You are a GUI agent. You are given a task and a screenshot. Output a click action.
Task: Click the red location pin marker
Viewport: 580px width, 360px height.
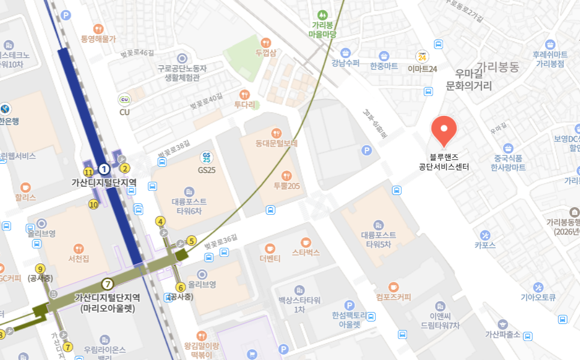pyautogui.click(x=444, y=130)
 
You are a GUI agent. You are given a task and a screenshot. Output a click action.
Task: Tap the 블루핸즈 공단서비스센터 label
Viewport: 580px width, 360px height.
pyautogui.click(x=444, y=161)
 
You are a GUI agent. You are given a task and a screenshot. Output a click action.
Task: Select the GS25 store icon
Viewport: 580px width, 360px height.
pyautogui.click(x=207, y=157)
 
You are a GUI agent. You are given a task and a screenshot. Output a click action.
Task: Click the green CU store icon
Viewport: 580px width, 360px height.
pyautogui.click(x=125, y=100)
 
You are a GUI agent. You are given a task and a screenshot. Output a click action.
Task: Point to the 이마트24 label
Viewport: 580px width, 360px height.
pyautogui.click(x=422, y=68)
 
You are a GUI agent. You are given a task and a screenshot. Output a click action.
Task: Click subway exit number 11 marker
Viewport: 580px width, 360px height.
pyautogui.click(x=88, y=172)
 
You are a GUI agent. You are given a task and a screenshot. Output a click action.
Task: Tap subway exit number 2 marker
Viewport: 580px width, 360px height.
pyautogui.click(x=125, y=168)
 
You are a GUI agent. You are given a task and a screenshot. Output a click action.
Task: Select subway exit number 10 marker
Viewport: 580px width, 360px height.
pyautogui.click(x=93, y=204)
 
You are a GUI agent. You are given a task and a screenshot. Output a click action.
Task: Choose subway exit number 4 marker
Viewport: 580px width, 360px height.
pyautogui.click(x=160, y=221)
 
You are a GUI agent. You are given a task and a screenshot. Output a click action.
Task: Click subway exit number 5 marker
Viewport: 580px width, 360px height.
pyautogui.click(x=192, y=241)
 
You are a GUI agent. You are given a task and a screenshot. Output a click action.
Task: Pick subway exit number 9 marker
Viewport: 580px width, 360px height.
pyautogui.click(x=40, y=269)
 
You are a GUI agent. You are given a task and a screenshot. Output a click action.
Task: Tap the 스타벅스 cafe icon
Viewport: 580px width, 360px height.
pyautogui.click(x=306, y=242)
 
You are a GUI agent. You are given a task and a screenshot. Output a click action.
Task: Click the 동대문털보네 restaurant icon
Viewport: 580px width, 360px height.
pyautogui.click(x=276, y=133)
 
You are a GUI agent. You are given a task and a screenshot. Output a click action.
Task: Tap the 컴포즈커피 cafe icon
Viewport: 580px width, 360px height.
pyautogui.click(x=393, y=287)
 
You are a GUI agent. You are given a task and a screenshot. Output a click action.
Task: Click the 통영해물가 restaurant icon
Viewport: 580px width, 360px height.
pyautogui.click(x=98, y=29)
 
